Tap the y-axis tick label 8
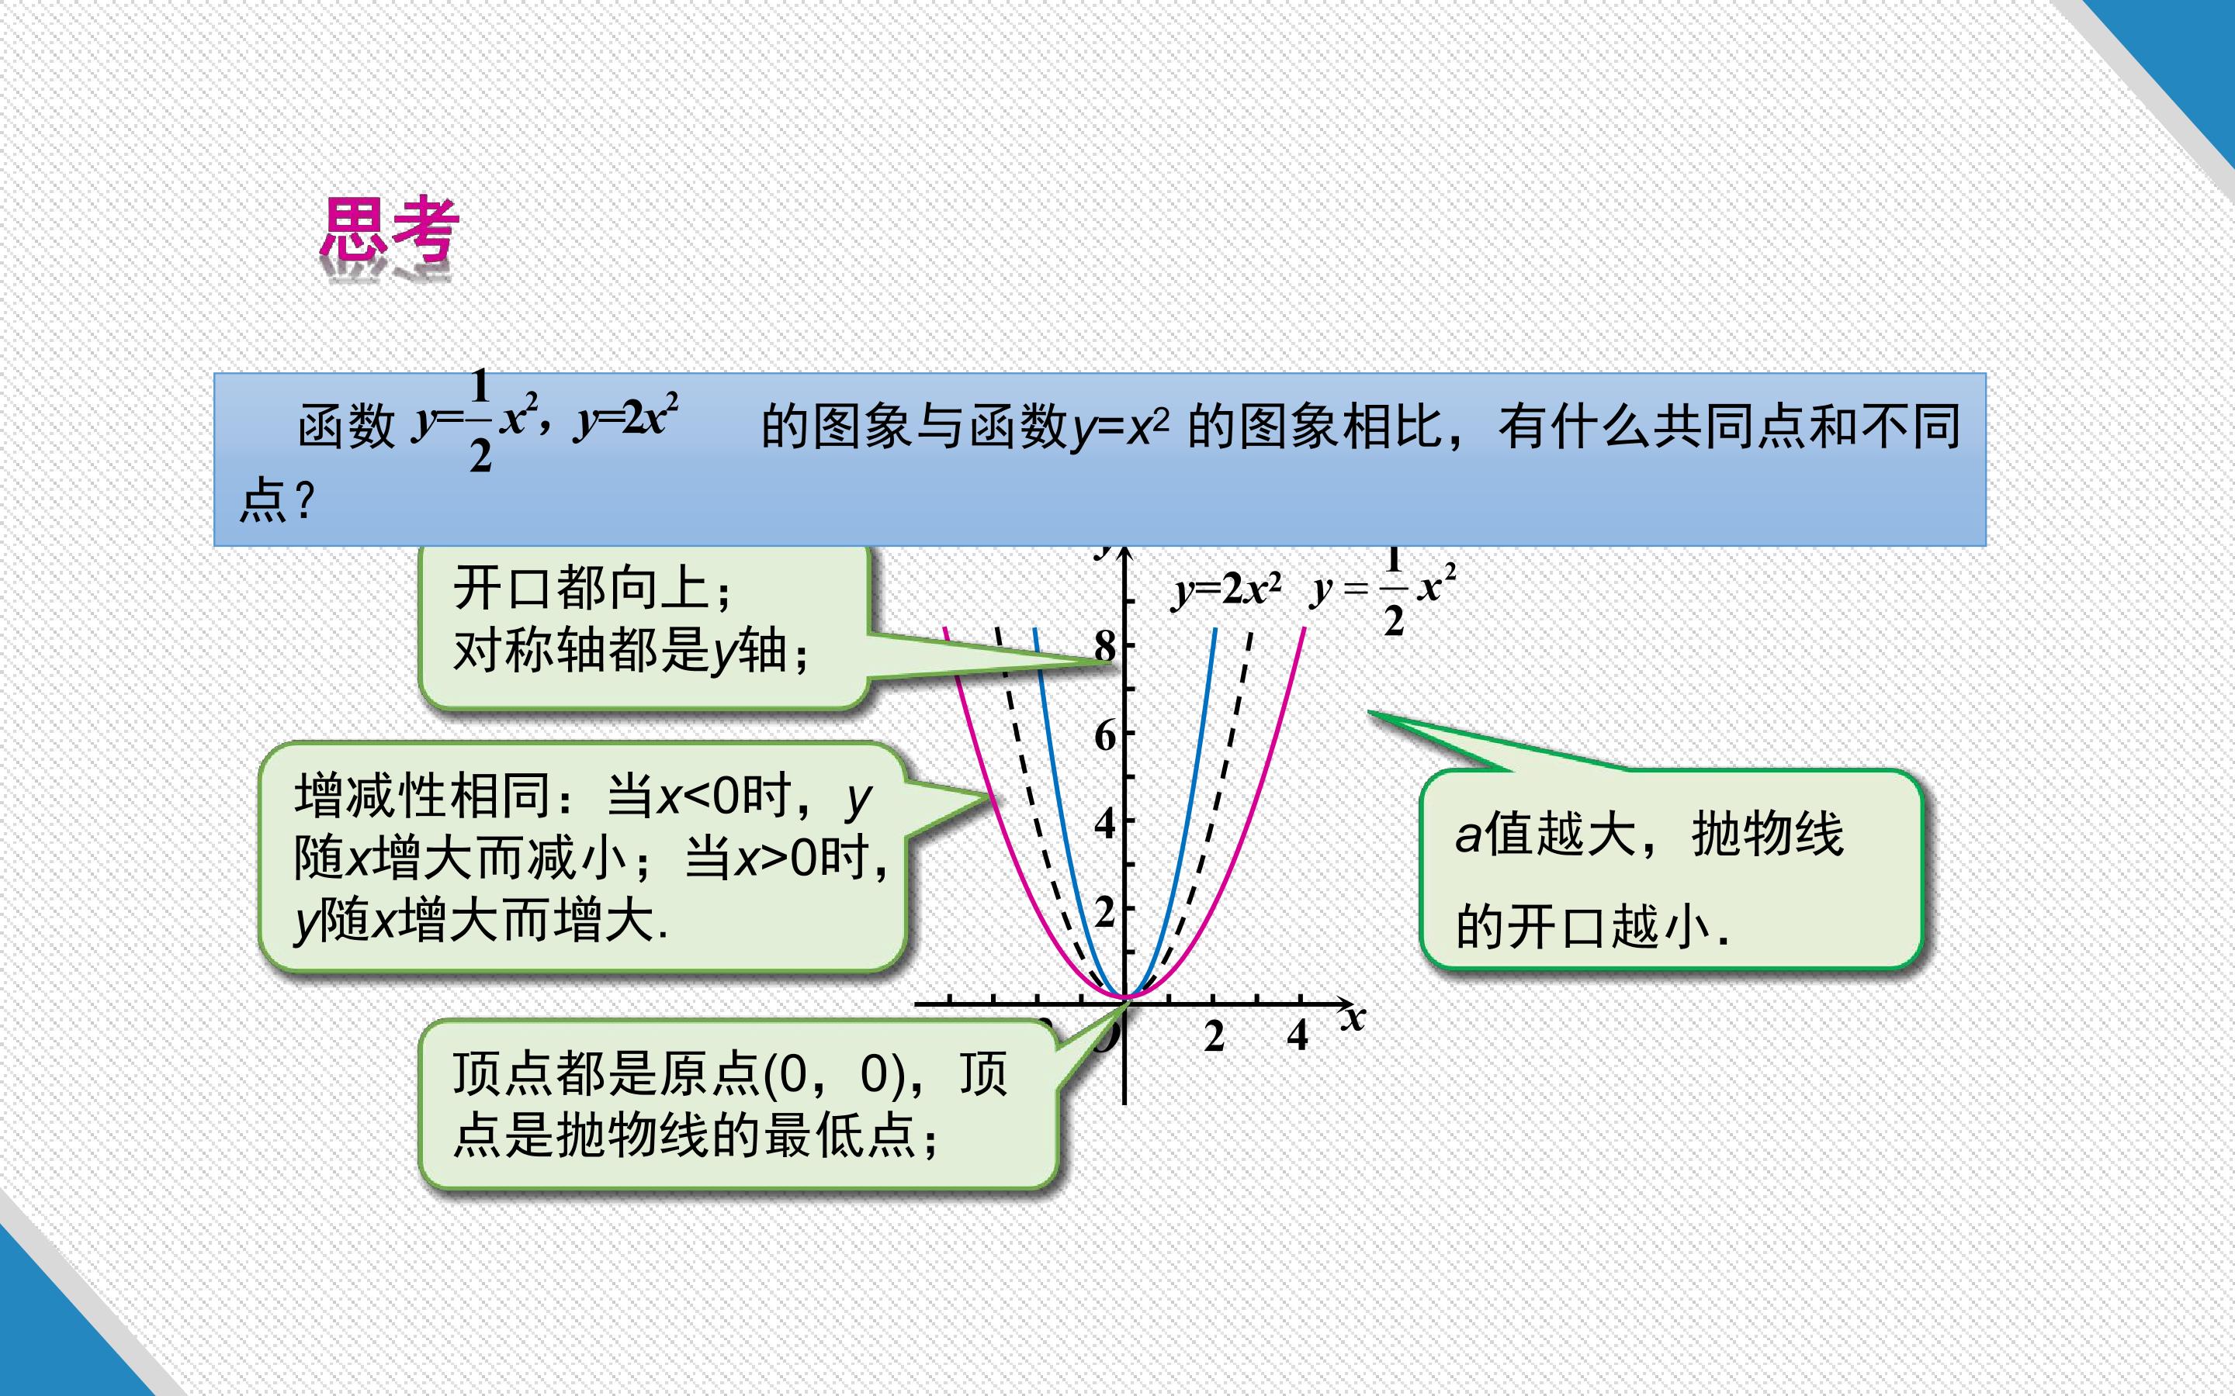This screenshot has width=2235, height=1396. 1104,646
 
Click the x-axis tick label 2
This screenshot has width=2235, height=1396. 1214,1036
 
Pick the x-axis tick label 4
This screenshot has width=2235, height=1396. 1298,1035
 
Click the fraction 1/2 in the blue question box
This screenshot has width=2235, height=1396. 480,420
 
